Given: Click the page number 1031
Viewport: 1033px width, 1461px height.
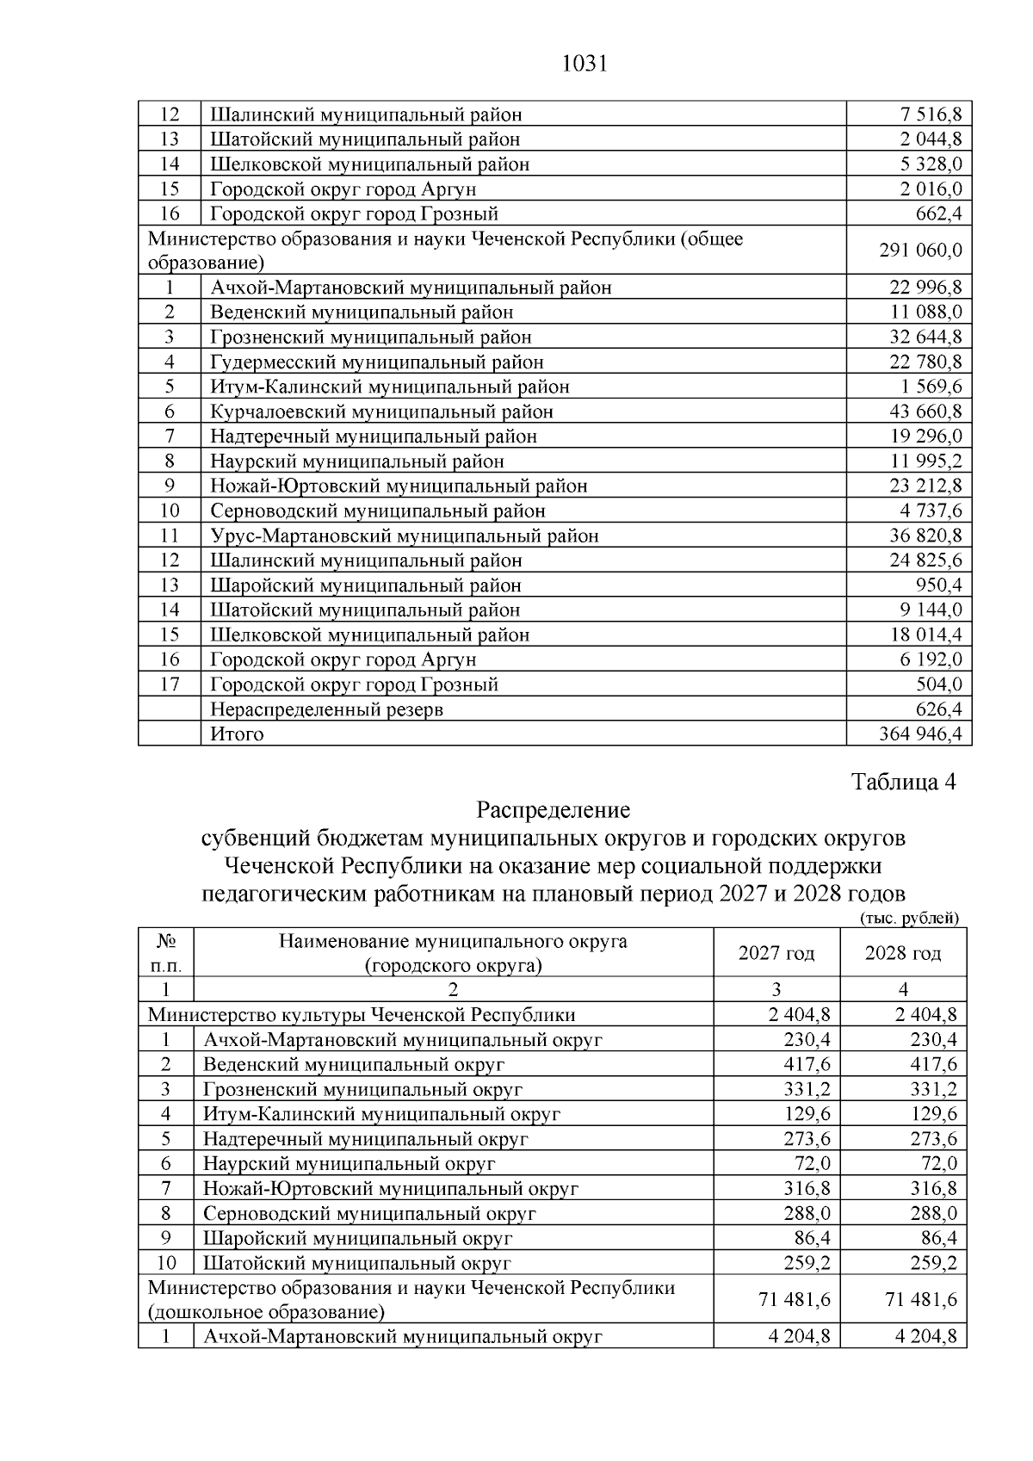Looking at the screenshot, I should tap(585, 65).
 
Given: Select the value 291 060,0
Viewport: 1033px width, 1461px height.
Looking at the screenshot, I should tap(920, 251).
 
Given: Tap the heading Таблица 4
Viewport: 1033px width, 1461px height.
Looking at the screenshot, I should tap(904, 783).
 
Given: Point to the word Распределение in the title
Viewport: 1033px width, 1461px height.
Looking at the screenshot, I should tap(554, 810).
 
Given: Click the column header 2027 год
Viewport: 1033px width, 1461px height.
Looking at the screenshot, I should tap(776, 953).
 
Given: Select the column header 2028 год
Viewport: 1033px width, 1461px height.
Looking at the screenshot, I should tap(903, 953).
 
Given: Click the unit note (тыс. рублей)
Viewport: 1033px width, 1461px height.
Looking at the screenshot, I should tap(909, 919).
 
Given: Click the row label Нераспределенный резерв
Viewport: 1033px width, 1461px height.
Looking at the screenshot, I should tap(327, 709).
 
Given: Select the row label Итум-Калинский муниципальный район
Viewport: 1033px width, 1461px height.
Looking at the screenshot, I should tap(390, 387).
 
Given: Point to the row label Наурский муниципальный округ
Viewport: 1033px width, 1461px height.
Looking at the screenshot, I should tap(349, 1164).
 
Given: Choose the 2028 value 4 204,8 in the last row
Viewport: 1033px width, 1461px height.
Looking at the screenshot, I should tap(925, 1337).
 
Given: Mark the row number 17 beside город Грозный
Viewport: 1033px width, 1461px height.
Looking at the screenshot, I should tap(170, 684).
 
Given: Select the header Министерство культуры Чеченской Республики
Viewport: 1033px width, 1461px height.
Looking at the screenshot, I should tap(362, 1015).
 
